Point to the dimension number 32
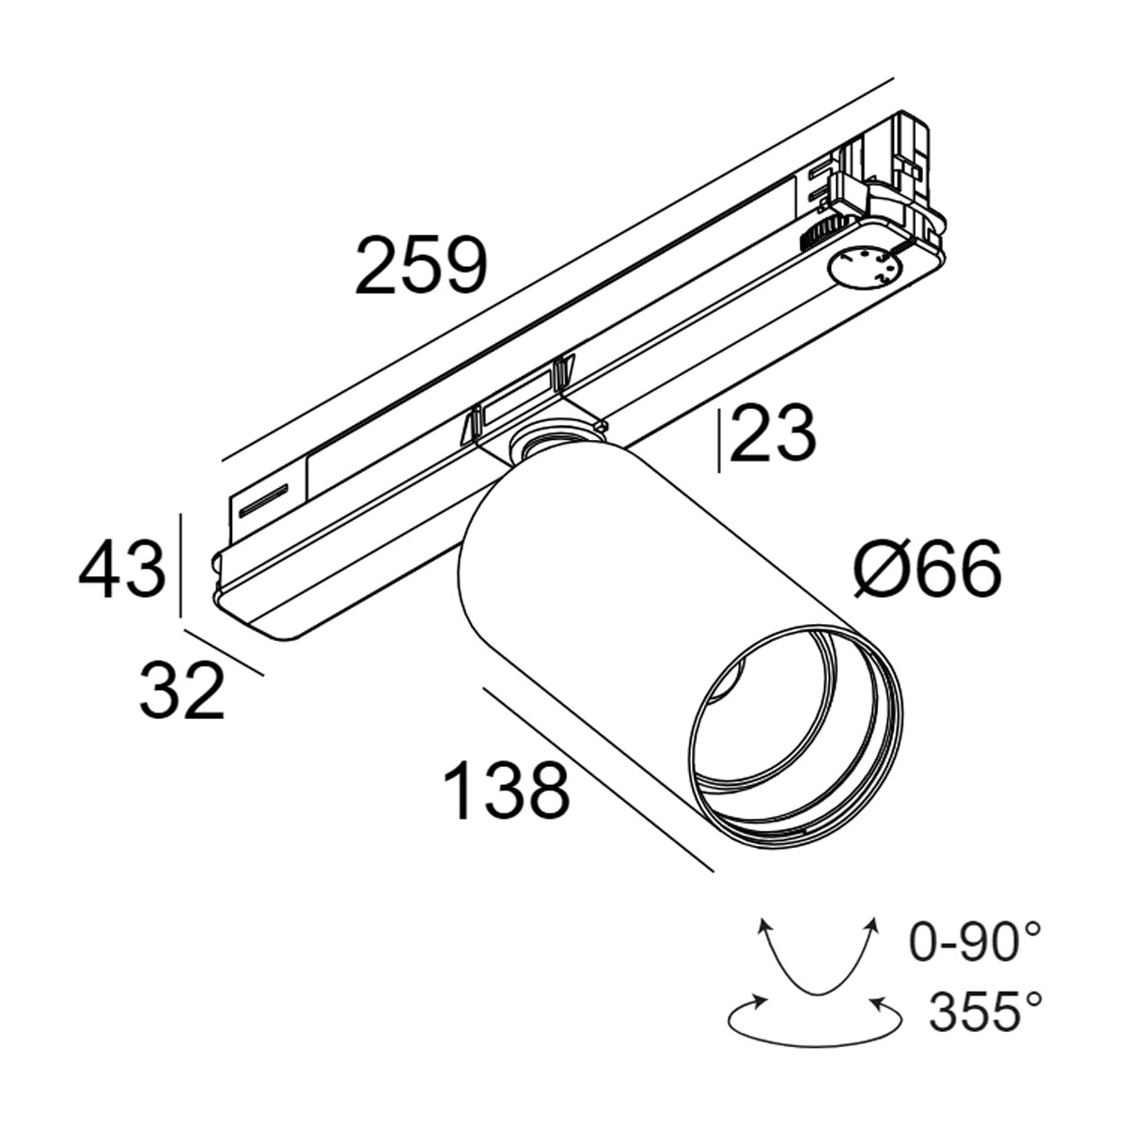click(182, 691)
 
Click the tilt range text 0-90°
click(976, 942)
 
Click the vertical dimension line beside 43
click(179, 565)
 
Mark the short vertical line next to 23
click(720, 439)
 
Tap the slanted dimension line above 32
click(224, 651)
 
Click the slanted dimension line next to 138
click(596, 776)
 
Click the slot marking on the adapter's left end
click(264, 500)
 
